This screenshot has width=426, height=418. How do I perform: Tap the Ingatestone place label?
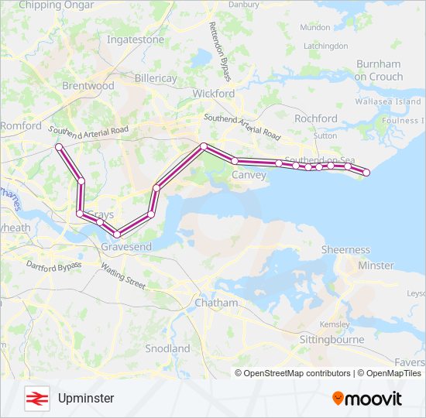pos(135,39)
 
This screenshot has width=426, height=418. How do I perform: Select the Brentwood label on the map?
pos(88,86)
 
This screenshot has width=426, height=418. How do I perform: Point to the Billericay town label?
pos(155,79)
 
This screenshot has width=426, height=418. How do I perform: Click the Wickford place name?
pos(213,93)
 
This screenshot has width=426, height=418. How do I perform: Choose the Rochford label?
pos(316,118)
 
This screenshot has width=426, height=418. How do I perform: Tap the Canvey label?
pos(249,175)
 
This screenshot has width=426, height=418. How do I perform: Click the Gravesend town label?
pos(126,246)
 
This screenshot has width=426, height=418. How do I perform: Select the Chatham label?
pos(216,303)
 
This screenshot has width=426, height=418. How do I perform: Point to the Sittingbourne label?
pos(332,340)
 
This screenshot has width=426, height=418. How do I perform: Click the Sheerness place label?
pos(345,249)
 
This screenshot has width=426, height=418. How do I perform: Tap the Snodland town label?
pos(167,348)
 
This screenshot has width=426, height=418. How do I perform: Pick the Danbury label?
pos(245,4)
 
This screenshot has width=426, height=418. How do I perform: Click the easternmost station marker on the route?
pos(366,173)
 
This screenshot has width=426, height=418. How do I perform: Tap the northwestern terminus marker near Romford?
pos(58,146)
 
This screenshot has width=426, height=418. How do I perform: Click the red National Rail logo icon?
pos(35,398)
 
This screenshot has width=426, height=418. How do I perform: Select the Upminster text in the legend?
pos(85,398)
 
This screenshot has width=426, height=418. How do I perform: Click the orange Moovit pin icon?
pos(338,399)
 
